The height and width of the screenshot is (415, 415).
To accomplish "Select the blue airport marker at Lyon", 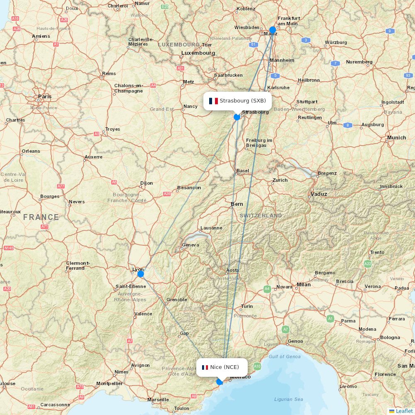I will click(x=141, y=274).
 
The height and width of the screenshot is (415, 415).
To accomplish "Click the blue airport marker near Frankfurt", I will click(x=273, y=30).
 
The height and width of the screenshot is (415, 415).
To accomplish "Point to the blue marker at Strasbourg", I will click(x=237, y=117).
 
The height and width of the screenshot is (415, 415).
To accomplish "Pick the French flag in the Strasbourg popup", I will click(x=213, y=101).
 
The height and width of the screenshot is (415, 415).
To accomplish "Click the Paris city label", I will click(x=45, y=96).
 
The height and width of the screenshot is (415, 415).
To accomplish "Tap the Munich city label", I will click(x=396, y=138).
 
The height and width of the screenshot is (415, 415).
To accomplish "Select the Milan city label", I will click(x=303, y=285).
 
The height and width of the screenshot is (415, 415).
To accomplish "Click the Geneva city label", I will click(x=190, y=245).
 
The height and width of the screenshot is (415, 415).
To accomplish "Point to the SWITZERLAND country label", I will click(x=261, y=216).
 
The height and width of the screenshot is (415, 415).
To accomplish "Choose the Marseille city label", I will click(x=158, y=400).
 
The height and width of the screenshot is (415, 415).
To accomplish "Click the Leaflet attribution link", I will click(x=404, y=411).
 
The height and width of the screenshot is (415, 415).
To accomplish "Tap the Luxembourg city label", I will click(x=198, y=53).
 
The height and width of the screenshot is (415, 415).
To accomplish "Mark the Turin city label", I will click(x=247, y=306).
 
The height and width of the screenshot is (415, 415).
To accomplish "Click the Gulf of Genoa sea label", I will click(x=284, y=356).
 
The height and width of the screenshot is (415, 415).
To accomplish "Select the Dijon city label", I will click(x=146, y=183).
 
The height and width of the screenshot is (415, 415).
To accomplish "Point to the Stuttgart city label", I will click(x=307, y=102).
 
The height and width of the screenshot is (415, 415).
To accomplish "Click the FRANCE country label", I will click(x=41, y=217).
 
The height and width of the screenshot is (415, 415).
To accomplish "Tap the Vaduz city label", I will click(x=319, y=194).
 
